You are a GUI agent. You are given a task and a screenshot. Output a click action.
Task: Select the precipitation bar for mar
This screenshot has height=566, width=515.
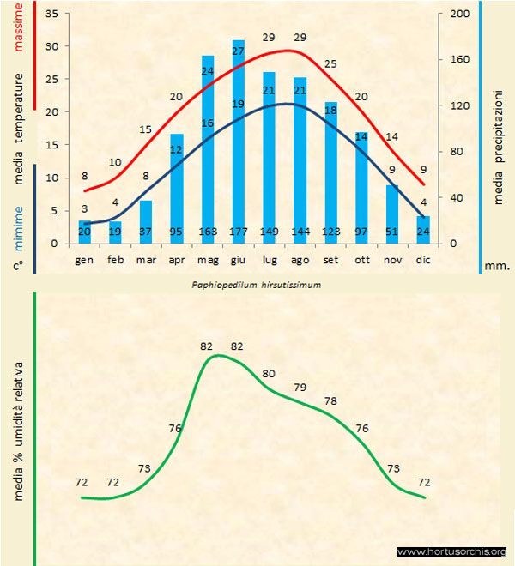[146, 222]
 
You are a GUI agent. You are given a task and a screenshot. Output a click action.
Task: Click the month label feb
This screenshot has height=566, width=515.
[116, 259]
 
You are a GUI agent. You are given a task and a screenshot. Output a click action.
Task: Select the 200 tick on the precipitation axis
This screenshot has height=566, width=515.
[460, 15]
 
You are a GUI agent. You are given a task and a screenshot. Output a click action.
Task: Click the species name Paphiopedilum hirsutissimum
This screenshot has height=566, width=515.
[257, 285]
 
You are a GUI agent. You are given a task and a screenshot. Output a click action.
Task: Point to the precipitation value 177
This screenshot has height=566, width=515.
[238, 232]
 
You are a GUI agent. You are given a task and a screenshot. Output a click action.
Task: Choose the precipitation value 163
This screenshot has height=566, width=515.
[207, 232]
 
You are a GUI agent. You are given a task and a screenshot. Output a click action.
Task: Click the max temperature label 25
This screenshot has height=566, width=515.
[330, 64]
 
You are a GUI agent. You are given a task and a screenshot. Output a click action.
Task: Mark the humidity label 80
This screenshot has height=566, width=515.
[269, 374]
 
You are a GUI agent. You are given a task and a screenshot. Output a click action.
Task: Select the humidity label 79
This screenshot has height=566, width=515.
[300, 388]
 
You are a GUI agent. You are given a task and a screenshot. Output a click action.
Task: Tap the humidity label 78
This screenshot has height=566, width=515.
[331, 401]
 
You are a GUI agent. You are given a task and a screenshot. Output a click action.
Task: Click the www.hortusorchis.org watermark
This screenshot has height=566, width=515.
[452, 551]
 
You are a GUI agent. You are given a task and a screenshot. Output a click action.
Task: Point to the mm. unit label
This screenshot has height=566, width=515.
[497, 266]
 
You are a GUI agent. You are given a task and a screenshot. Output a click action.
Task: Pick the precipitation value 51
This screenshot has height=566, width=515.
[392, 232]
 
